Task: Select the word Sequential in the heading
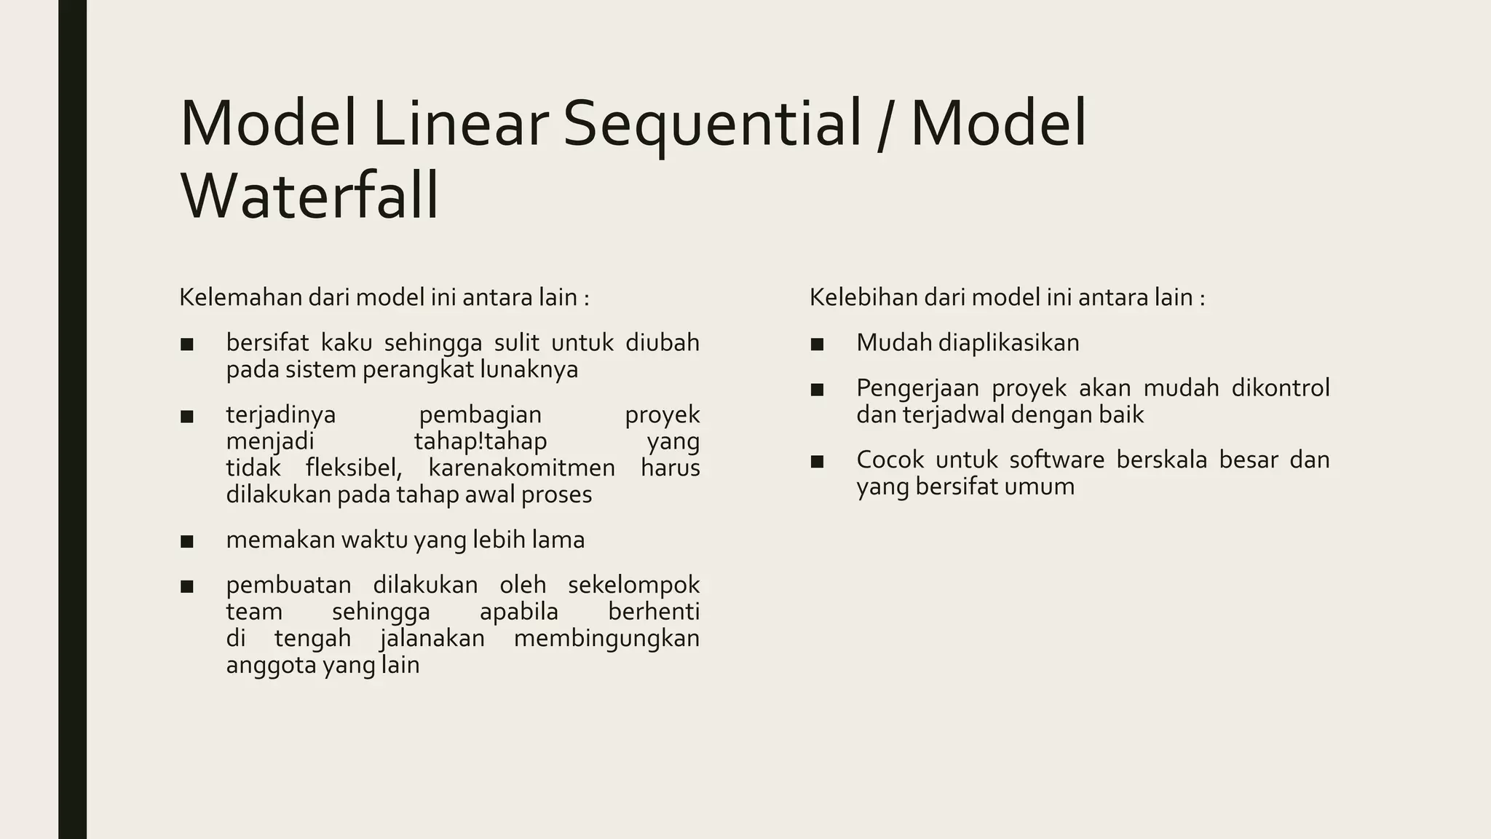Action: (x=712, y=124)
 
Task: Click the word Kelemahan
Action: (x=240, y=297)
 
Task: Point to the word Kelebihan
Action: (x=863, y=297)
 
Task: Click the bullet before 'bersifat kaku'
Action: (x=187, y=344)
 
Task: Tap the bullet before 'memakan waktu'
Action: (x=187, y=541)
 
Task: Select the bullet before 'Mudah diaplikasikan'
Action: (x=817, y=344)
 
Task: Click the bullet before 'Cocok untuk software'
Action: (x=817, y=461)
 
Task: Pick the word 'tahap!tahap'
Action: (x=480, y=441)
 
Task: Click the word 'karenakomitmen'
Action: (x=521, y=468)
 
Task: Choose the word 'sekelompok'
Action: (x=633, y=585)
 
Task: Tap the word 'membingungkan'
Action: (x=606, y=639)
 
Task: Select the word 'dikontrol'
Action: (x=1281, y=387)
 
